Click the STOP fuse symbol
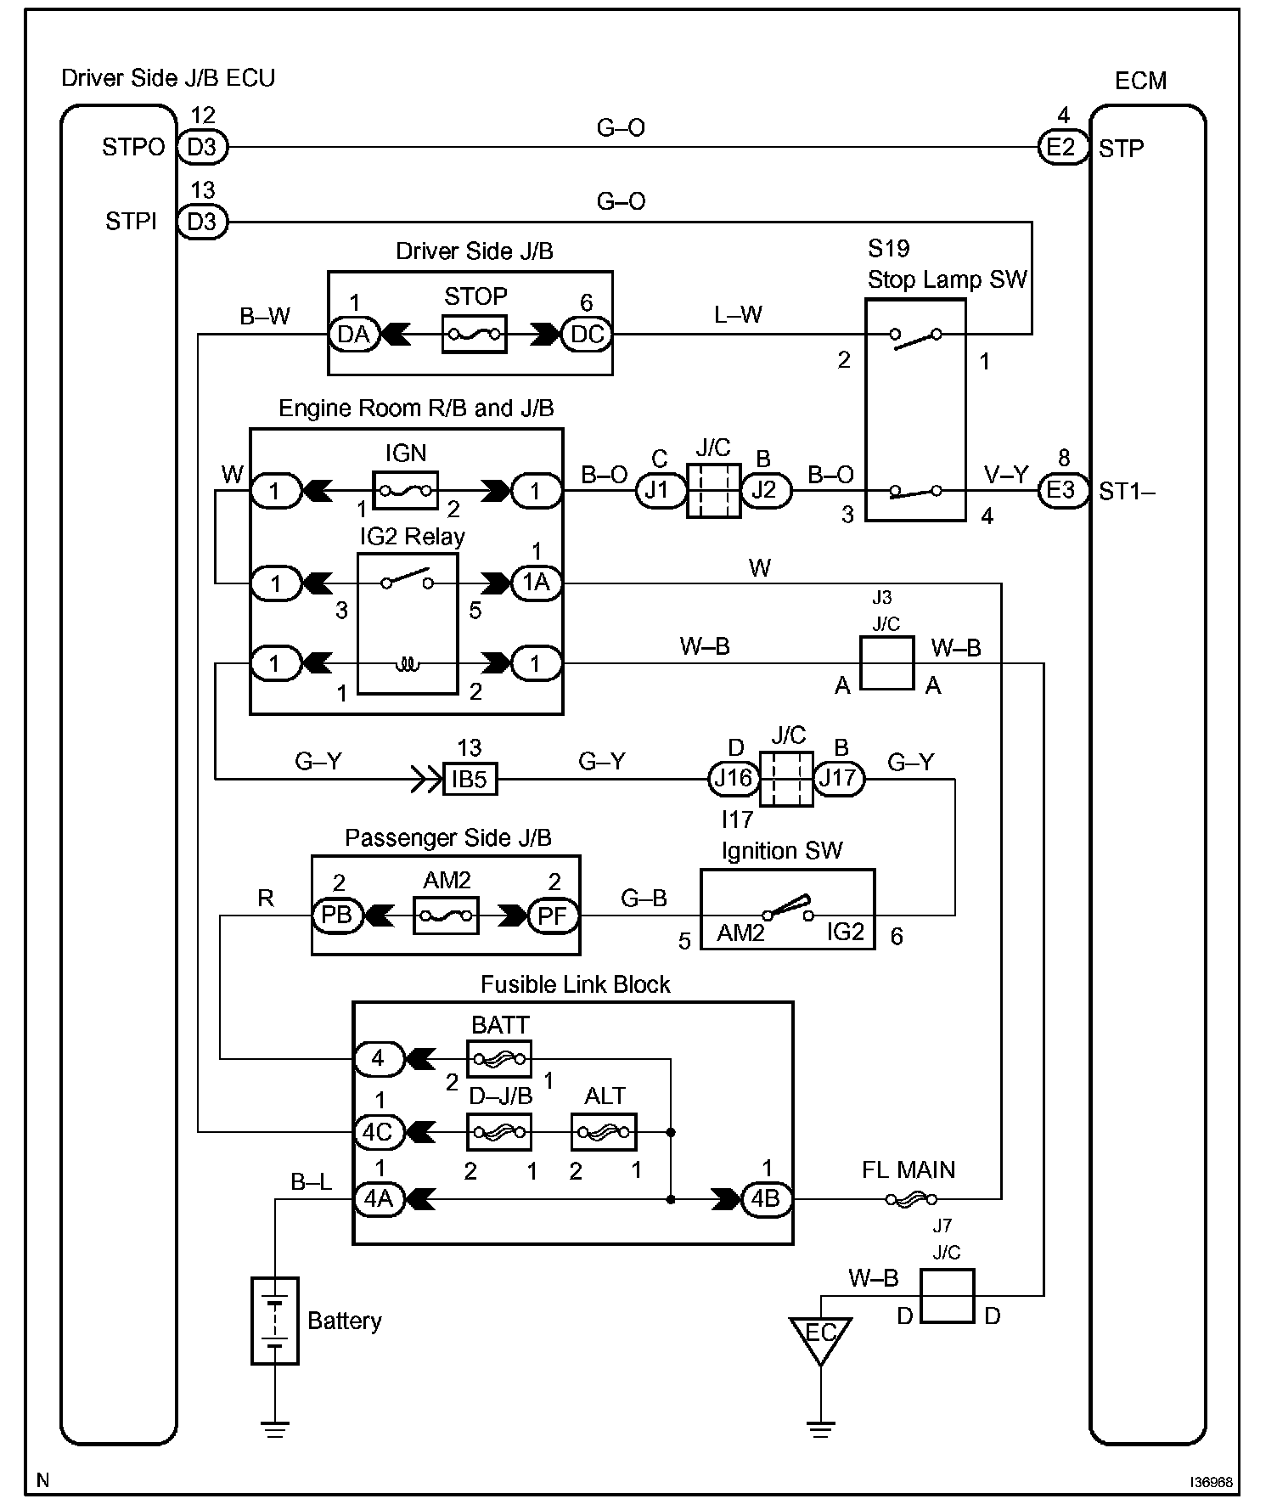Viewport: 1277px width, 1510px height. click(475, 335)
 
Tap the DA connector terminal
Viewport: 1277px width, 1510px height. click(353, 335)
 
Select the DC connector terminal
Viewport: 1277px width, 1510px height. click(587, 335)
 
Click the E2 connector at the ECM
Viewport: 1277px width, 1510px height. click(1061, 148)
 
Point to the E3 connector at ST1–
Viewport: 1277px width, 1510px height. click(1061, 490)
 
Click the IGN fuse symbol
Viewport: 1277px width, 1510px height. click(406, 490)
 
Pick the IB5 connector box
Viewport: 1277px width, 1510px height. click(470, 779)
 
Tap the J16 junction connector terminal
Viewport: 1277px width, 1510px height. click(734, 779)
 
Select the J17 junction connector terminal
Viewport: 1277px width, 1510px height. click(839, 779)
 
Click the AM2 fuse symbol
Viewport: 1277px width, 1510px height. click(446, 916)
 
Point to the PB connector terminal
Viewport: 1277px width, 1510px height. click(337, 916)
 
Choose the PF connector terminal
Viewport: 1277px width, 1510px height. click(554, 916)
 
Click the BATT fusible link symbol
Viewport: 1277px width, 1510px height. click(500, 1059)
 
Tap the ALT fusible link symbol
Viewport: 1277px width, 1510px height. click(604, 1132)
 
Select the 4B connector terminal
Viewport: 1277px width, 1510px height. click(767, 1199)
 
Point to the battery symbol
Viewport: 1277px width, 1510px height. click(275, 1321)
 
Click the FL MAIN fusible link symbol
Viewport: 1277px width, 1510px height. click(910, 1199)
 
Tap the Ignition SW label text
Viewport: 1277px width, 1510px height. click(781, 851)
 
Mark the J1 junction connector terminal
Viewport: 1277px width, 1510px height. click(661, 490)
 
